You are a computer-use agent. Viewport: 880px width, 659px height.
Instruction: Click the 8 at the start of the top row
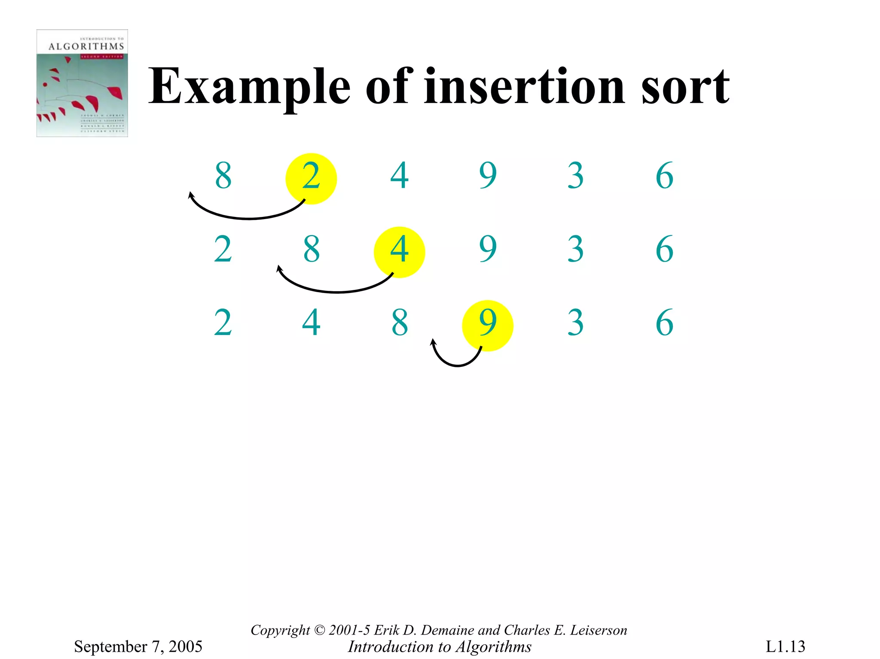(223, 176)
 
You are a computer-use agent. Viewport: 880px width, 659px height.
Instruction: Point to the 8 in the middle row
(312, 249)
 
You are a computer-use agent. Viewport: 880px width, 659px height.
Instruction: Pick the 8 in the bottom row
(400, 323)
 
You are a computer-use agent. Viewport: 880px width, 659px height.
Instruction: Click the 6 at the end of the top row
(664, 176)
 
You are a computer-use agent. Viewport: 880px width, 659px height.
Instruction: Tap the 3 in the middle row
(576, 249)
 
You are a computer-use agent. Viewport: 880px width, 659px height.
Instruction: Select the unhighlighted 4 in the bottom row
(311, 323)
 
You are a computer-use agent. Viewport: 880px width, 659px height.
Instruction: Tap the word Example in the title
(249, 88)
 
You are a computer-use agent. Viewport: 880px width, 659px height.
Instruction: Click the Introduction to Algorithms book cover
(82, 83)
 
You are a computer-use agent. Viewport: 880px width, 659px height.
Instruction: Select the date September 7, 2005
(138, 646)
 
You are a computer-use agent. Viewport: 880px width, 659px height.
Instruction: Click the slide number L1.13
(785, 646)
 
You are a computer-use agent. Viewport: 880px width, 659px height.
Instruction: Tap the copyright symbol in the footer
(320, 630)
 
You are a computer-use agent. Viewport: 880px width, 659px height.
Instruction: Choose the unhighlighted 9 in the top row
(488, 176)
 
